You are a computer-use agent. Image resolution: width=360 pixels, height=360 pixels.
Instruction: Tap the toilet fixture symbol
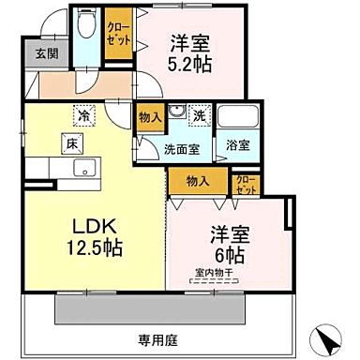pyautogui.click(x=87, y=25)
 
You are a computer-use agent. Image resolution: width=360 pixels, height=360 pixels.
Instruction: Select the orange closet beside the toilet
pyautogui.click(x=119, y=34)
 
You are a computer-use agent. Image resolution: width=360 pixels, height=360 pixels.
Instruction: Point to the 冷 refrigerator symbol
pyautogui.click(x=82, y=117)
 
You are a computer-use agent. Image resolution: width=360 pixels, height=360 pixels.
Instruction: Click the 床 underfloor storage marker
pyautogui.click(x=70, y=142)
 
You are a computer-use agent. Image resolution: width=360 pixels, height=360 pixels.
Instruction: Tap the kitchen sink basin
pyautogui.click(x=82, y=170)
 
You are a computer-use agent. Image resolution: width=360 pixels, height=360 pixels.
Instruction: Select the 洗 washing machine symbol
pyautogui.click(x=200, y=116)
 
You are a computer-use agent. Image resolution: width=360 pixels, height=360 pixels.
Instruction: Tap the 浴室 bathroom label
pyautogui.click(x=238, y=145)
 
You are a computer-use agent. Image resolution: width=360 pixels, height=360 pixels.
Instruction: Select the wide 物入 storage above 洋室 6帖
pyautogui.click(x=198, y=179)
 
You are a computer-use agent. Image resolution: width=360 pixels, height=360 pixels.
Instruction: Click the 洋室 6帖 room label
pyautogui.click(x=227, y=241)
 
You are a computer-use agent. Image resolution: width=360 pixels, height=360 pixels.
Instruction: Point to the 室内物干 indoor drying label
pyautogui.click(x=214, y=273)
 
